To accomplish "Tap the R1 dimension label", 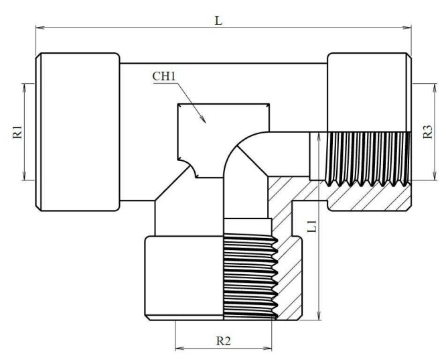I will point(17,131).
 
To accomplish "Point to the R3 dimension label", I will point(428,131).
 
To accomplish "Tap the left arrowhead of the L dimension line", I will point(39,27).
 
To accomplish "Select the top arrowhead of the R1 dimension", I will point(25,86).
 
